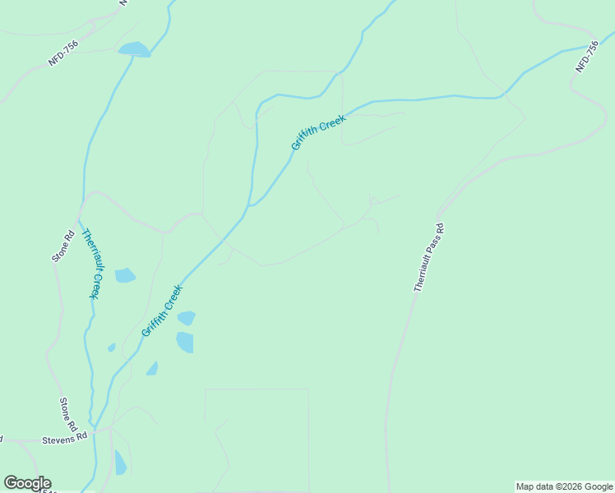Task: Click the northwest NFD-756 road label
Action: coord(63,53)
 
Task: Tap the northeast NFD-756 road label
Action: coord(587,57)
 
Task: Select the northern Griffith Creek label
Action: coord(318,131)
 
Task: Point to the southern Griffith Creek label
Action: coord(161,311)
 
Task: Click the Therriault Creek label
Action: coord(91,263)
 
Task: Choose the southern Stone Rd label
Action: coord(67,414)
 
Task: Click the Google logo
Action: coord(27,483)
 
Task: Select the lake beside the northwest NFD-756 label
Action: coord(134,50)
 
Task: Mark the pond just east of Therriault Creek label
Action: coord(125,275)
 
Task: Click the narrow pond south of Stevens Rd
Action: coord(120,463)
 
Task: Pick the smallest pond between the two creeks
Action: coord(111,348)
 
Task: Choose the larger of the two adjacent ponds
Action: coord(185,342)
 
